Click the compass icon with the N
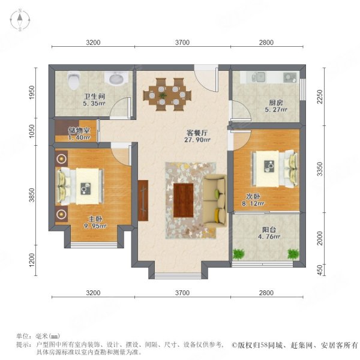[x=19, y=20]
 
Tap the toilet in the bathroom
[x=73, y=79]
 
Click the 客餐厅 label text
[x=197, y=133]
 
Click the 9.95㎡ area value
[x=95, y=226]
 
